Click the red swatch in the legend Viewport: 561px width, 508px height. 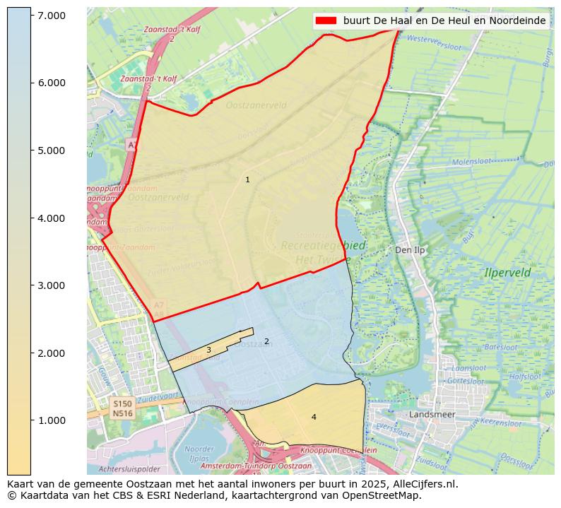pos(326,20)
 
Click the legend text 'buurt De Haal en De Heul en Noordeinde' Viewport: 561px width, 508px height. pos(444,20)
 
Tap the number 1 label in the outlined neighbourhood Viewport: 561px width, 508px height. pos(247,180)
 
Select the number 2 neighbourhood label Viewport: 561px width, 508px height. pos(266,342)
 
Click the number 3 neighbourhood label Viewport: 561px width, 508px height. pos(208,350)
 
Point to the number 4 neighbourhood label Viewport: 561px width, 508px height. pos(314,418)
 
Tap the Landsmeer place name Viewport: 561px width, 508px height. pos(432,414)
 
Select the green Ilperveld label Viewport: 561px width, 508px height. pos(507,272)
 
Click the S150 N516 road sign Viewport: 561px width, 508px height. pos(122,408)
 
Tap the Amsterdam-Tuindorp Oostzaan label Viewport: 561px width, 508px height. pos(256,466)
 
